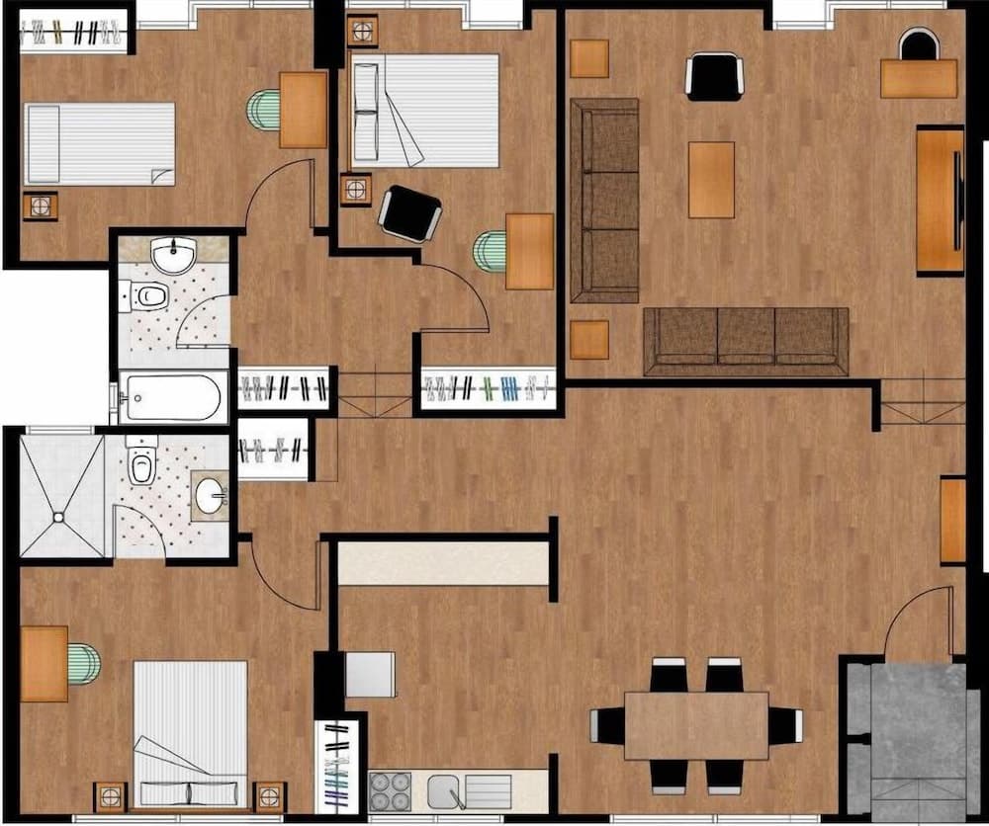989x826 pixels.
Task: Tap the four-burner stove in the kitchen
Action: click(390, 790)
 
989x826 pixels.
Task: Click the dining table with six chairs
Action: click(696, 725)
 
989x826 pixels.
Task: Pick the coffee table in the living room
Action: click(711, 179)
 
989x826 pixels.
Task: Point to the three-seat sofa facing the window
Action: click(746, 342)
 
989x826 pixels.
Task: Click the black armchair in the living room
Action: click(714, 76)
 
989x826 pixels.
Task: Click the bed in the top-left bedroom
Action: click(99, 144)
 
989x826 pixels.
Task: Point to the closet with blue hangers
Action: click(488, 388)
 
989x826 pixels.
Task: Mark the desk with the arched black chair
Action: click(919, 77)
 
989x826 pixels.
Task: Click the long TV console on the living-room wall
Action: click(939, 200)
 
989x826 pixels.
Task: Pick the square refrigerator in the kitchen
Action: click(370, 675)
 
